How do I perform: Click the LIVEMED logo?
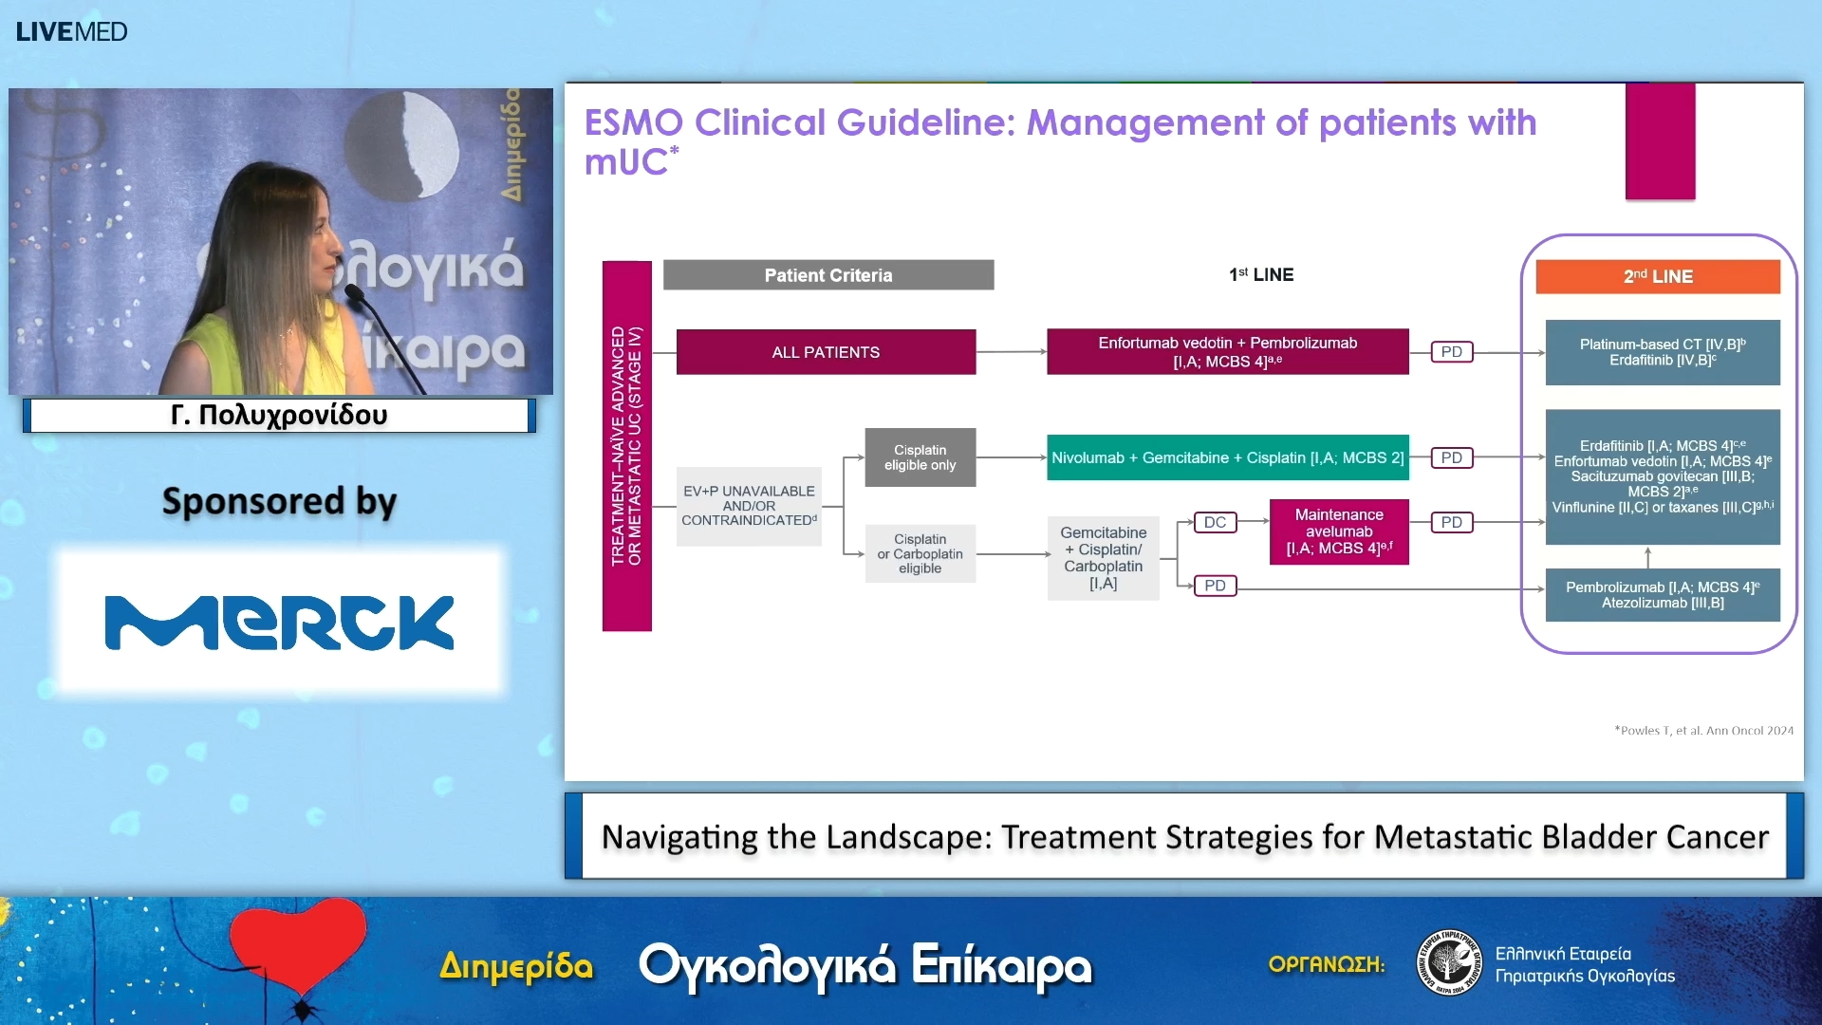coord(71,31)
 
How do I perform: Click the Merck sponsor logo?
coord(279,623)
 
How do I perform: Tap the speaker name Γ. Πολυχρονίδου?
coord(279,415)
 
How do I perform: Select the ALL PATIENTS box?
coord(826,352)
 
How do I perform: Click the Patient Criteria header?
coord(827,275)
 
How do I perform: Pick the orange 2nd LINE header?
coord(1657,276)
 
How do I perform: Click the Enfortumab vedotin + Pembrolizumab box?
coord(1227,352)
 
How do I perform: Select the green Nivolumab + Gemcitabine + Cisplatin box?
coord(1227,457)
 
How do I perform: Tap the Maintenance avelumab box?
coord(1338,531)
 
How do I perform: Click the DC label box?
coord(1215,522)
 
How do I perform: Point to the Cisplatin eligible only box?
coord(920,457)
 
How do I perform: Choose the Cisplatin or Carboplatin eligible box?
coord(920,553)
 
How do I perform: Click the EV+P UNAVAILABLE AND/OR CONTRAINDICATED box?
coord(749,506)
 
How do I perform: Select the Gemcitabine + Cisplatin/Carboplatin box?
coord(1103,558)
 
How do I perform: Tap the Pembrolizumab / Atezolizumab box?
coord(1662,595)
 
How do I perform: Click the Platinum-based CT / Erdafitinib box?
coord(1662,352)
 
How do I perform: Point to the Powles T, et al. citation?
coord(1703,730)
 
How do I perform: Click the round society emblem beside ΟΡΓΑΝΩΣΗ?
coord(1448,962)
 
